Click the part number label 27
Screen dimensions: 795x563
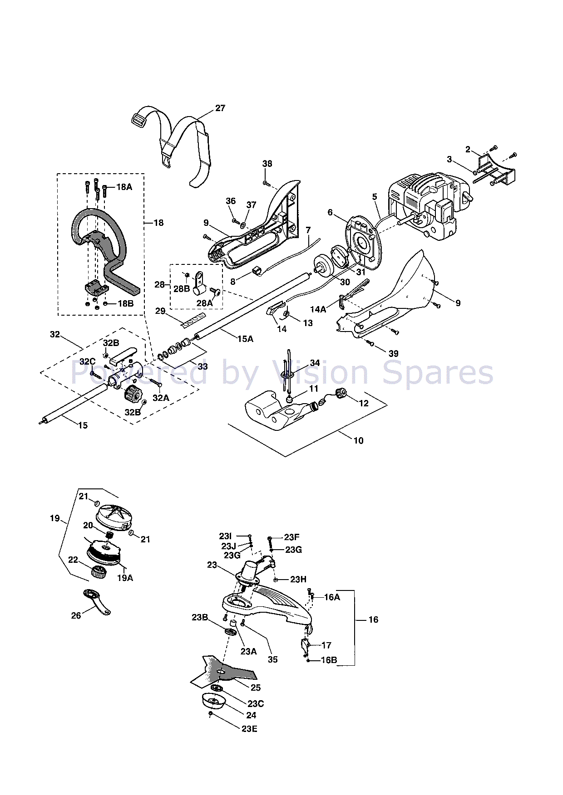pos(220,108)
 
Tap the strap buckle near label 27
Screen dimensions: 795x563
pos(138,121)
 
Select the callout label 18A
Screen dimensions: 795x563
pos(124,187)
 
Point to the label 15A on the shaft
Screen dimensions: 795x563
pos(245,339)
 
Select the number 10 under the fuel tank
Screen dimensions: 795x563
pos(358,440)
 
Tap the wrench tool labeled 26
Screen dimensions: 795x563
pos(97,602)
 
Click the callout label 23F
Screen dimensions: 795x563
pos(291,537)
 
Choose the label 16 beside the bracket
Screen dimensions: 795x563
pos(373,619)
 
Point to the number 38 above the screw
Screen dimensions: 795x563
pos(267,164)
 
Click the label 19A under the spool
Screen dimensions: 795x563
pos(125,578)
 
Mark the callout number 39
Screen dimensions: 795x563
pos(393,354)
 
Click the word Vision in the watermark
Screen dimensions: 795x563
pos(320,373)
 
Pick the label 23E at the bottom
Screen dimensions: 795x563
pos(249,729)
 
